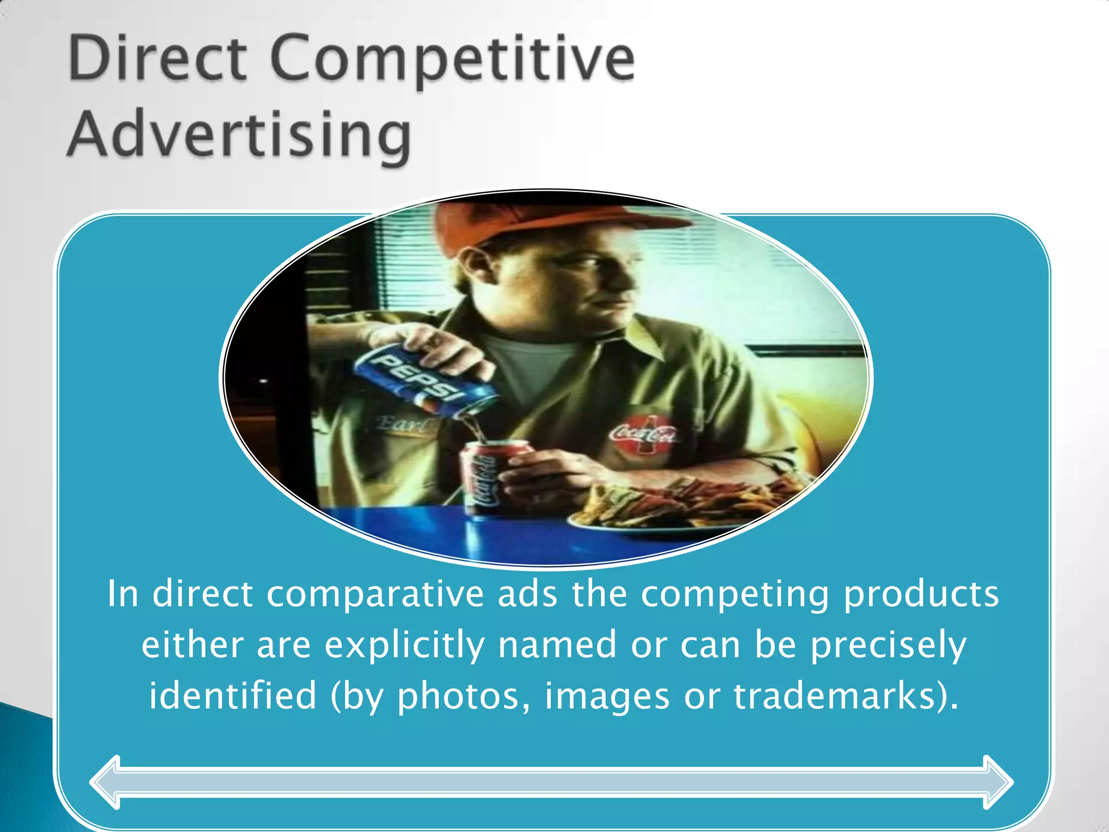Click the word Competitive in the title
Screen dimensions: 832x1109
click(x=452, y=60)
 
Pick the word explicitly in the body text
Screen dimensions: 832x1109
click(x=404, y=646)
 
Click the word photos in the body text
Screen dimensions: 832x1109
click(x=458, y=697)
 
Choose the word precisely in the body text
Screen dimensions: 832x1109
click(x=888, y=646)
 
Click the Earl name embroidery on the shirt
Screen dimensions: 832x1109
click(x=403, y=424)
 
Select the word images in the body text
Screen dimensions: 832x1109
click(x=606, y=697)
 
